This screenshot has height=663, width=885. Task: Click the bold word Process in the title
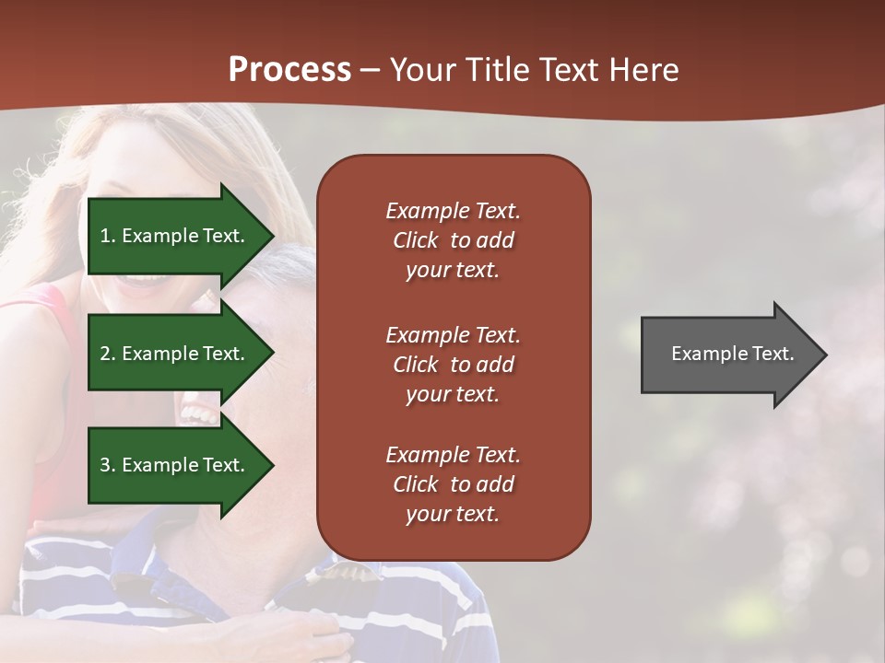click(289, 70)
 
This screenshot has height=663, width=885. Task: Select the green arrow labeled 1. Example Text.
click(175, 236)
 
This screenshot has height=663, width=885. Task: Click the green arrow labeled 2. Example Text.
click(175, 354)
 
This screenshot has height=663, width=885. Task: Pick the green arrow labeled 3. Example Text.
click(175, 465)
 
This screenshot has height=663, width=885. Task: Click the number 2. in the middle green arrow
click(108, 354)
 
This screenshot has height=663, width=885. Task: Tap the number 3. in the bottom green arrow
click(108, 465)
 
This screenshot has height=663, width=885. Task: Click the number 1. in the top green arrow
click(107, 236)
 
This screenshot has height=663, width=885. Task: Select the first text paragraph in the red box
click(453, 240)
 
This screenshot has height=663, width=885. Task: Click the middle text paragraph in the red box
click(453, 365)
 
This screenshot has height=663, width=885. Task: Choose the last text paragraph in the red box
click(453, 484)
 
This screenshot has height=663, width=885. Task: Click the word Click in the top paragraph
click(415, 240)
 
